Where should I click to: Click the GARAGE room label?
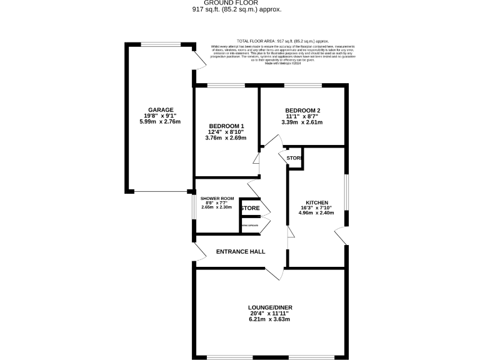tap(161, 110)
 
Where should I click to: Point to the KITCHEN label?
tap(317, 202)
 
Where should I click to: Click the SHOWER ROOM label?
tap(217, 198)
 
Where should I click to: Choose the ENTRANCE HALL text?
tap(241, 252)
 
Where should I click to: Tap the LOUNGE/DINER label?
tap(270, 307)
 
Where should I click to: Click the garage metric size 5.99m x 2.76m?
tap(161, 121)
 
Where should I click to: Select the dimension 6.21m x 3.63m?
tap(270, 319)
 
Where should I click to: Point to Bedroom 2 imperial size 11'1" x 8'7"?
tap(302, 116)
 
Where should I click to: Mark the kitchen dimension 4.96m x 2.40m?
tap(317, 213)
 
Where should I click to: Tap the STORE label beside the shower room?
tap(251, 208)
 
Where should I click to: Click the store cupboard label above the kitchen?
tap(294, 159)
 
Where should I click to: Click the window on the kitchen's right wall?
tap(347, 191)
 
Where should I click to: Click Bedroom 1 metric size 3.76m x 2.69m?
tap(226, 137)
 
